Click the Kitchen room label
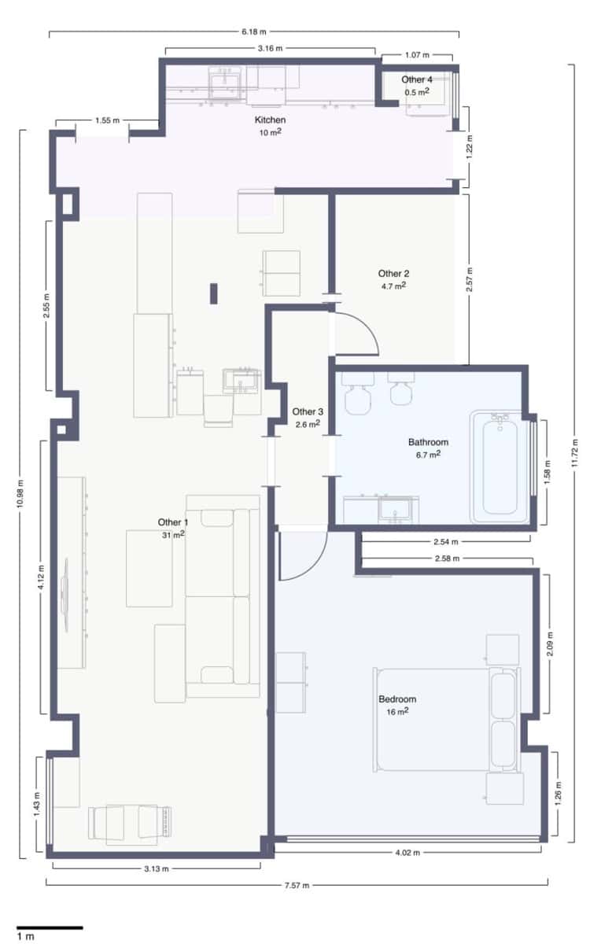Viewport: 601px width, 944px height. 270,120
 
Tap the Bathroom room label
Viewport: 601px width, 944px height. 428,442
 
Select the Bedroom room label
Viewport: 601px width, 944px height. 397,699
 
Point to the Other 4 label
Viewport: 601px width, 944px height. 417,79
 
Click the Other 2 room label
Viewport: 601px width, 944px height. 393,274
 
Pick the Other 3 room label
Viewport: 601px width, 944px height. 307,411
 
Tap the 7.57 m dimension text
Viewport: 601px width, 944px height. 297,885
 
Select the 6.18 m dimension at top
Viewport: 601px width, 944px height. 253,32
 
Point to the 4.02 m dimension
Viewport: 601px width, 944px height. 407,853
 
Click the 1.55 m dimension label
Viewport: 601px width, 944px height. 107,120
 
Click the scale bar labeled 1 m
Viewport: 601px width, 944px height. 49,928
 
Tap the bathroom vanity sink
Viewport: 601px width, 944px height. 393,509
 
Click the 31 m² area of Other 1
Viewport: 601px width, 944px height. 173,535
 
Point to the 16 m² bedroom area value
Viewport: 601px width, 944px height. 397,711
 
